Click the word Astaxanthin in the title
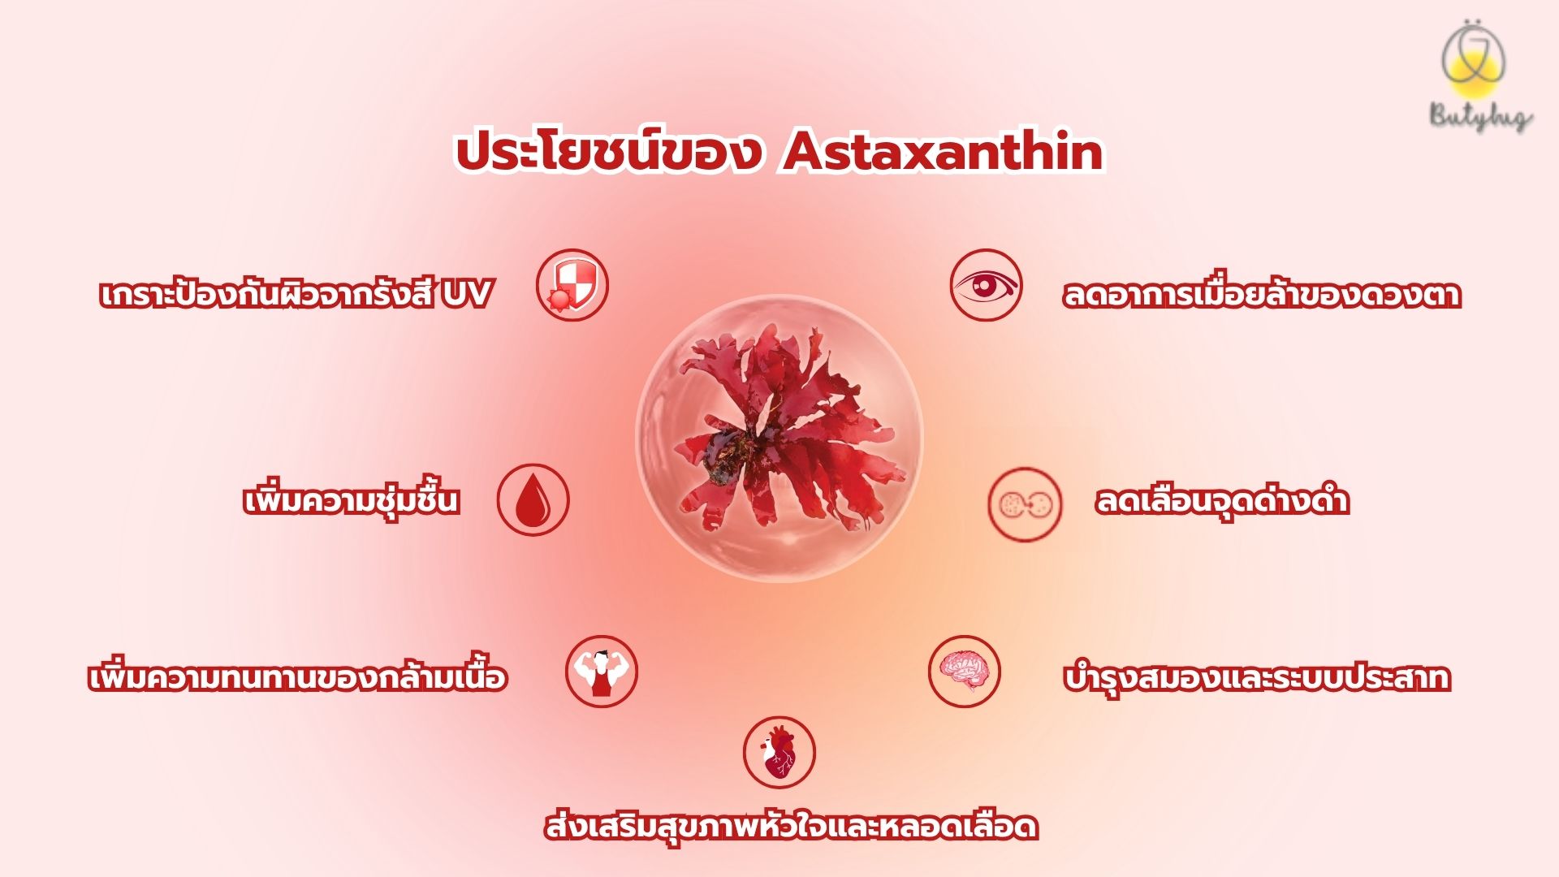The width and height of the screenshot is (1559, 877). (943, 152)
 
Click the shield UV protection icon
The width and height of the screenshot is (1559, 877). (572, 285)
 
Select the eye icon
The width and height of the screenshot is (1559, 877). (987, 285)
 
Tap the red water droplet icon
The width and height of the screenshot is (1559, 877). (533, 500)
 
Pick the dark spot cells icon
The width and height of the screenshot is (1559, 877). (1025, 504)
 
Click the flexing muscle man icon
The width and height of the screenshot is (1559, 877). (602, 672)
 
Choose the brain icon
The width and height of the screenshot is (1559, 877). (965, 672)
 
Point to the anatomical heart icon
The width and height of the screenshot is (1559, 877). (779, 753)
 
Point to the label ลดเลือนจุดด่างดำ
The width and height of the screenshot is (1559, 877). (1222, 499)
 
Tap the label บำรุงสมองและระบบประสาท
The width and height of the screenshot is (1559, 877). (1257, 677)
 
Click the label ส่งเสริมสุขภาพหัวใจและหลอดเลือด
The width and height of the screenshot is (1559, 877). (792, 825)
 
